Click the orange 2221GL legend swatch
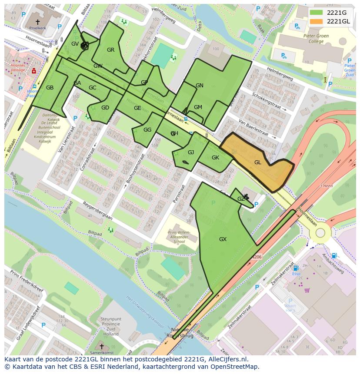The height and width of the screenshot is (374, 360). [x=317, y=21]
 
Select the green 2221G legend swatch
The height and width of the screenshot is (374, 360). [x=317, y=12]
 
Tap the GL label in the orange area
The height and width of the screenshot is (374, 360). [x=258, y=162]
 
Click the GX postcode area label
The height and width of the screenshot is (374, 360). [x=223, y=239]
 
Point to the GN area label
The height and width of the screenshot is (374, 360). [x=200, y=86]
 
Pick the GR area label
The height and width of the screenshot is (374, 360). [x=110, y=50]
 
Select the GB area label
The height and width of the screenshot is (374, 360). [x=50, y=88]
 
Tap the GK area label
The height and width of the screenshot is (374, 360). [x=215, y=158]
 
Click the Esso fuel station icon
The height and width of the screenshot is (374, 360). [x=296, y=268]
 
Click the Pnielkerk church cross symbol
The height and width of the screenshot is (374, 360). [x=37, y=21]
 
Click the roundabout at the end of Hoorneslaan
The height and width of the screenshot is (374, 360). [x=320, y=233]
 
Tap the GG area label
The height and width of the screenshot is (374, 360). [x=147, y=130]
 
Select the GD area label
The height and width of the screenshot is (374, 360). [x=105, y=108]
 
